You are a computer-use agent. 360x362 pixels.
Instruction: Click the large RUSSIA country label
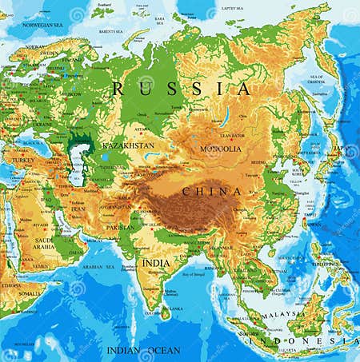coord(181,88)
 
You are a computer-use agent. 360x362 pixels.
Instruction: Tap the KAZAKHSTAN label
coord(127,147)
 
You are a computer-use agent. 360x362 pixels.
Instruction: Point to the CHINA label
coord(212,192)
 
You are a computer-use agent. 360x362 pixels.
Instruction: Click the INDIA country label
coord(156,262)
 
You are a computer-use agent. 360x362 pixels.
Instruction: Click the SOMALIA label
coord(30,294)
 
